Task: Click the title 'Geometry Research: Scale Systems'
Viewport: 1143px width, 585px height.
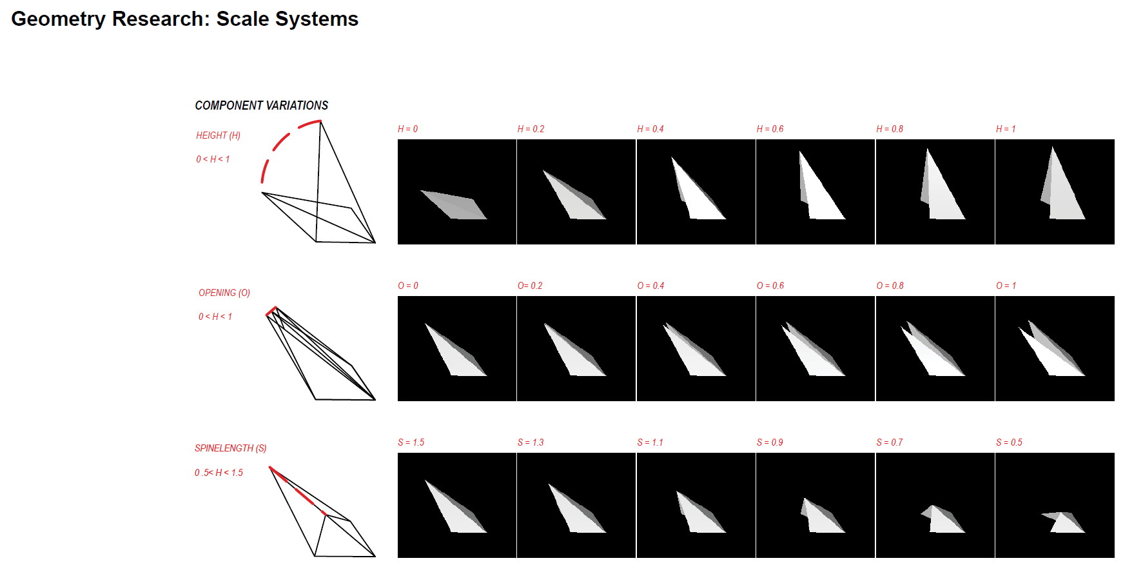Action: [x=184, y=19]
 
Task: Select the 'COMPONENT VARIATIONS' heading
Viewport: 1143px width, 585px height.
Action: [x=261, y=105]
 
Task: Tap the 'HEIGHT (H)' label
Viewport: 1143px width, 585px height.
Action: [x=218, y=135]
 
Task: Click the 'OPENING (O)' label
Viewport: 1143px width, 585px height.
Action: [x=224, y=293]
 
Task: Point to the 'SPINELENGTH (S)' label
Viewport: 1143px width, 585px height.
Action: [x=230, y=448]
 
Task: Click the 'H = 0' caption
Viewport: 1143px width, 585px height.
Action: [x=407, y=129]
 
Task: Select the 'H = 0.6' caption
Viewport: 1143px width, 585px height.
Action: [x=770, y=129]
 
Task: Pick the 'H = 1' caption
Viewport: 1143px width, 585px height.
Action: [x=1005, y=129]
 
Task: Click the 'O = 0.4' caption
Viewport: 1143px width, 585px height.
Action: [x=650, y=286]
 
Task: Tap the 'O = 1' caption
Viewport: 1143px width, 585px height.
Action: [x=1006, y=286]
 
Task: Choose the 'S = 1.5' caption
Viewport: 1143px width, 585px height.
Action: [x=411, y=442]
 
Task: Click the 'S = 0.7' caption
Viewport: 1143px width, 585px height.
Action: [x=889, y=442]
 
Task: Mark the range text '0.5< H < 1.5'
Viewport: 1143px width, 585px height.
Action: [x=219, y=473]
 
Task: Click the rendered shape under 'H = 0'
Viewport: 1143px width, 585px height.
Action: [x=454, y=205]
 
